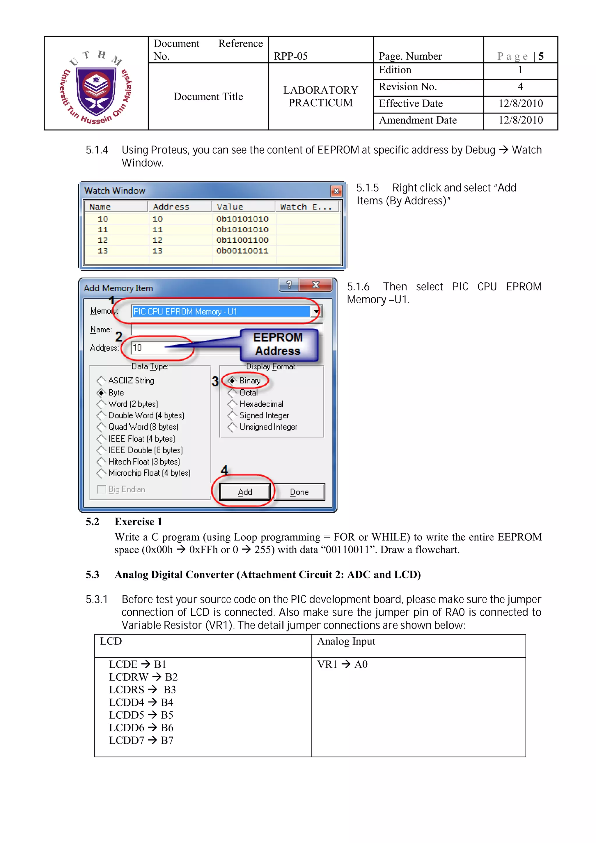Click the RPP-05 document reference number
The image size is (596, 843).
click(290, 56)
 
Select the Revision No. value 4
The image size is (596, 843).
click(520, 87)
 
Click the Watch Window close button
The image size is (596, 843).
click(336, 191)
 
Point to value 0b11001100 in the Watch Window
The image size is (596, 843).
click(242, 240)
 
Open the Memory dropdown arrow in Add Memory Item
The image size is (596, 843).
click(316, 311)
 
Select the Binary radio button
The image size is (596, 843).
click(232, 380)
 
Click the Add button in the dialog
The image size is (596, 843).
click(245, 492)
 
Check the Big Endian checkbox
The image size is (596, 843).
click(101, 489)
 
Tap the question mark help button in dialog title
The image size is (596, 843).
click(289, 285)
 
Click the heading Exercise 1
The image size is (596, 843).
click(138, 521)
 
